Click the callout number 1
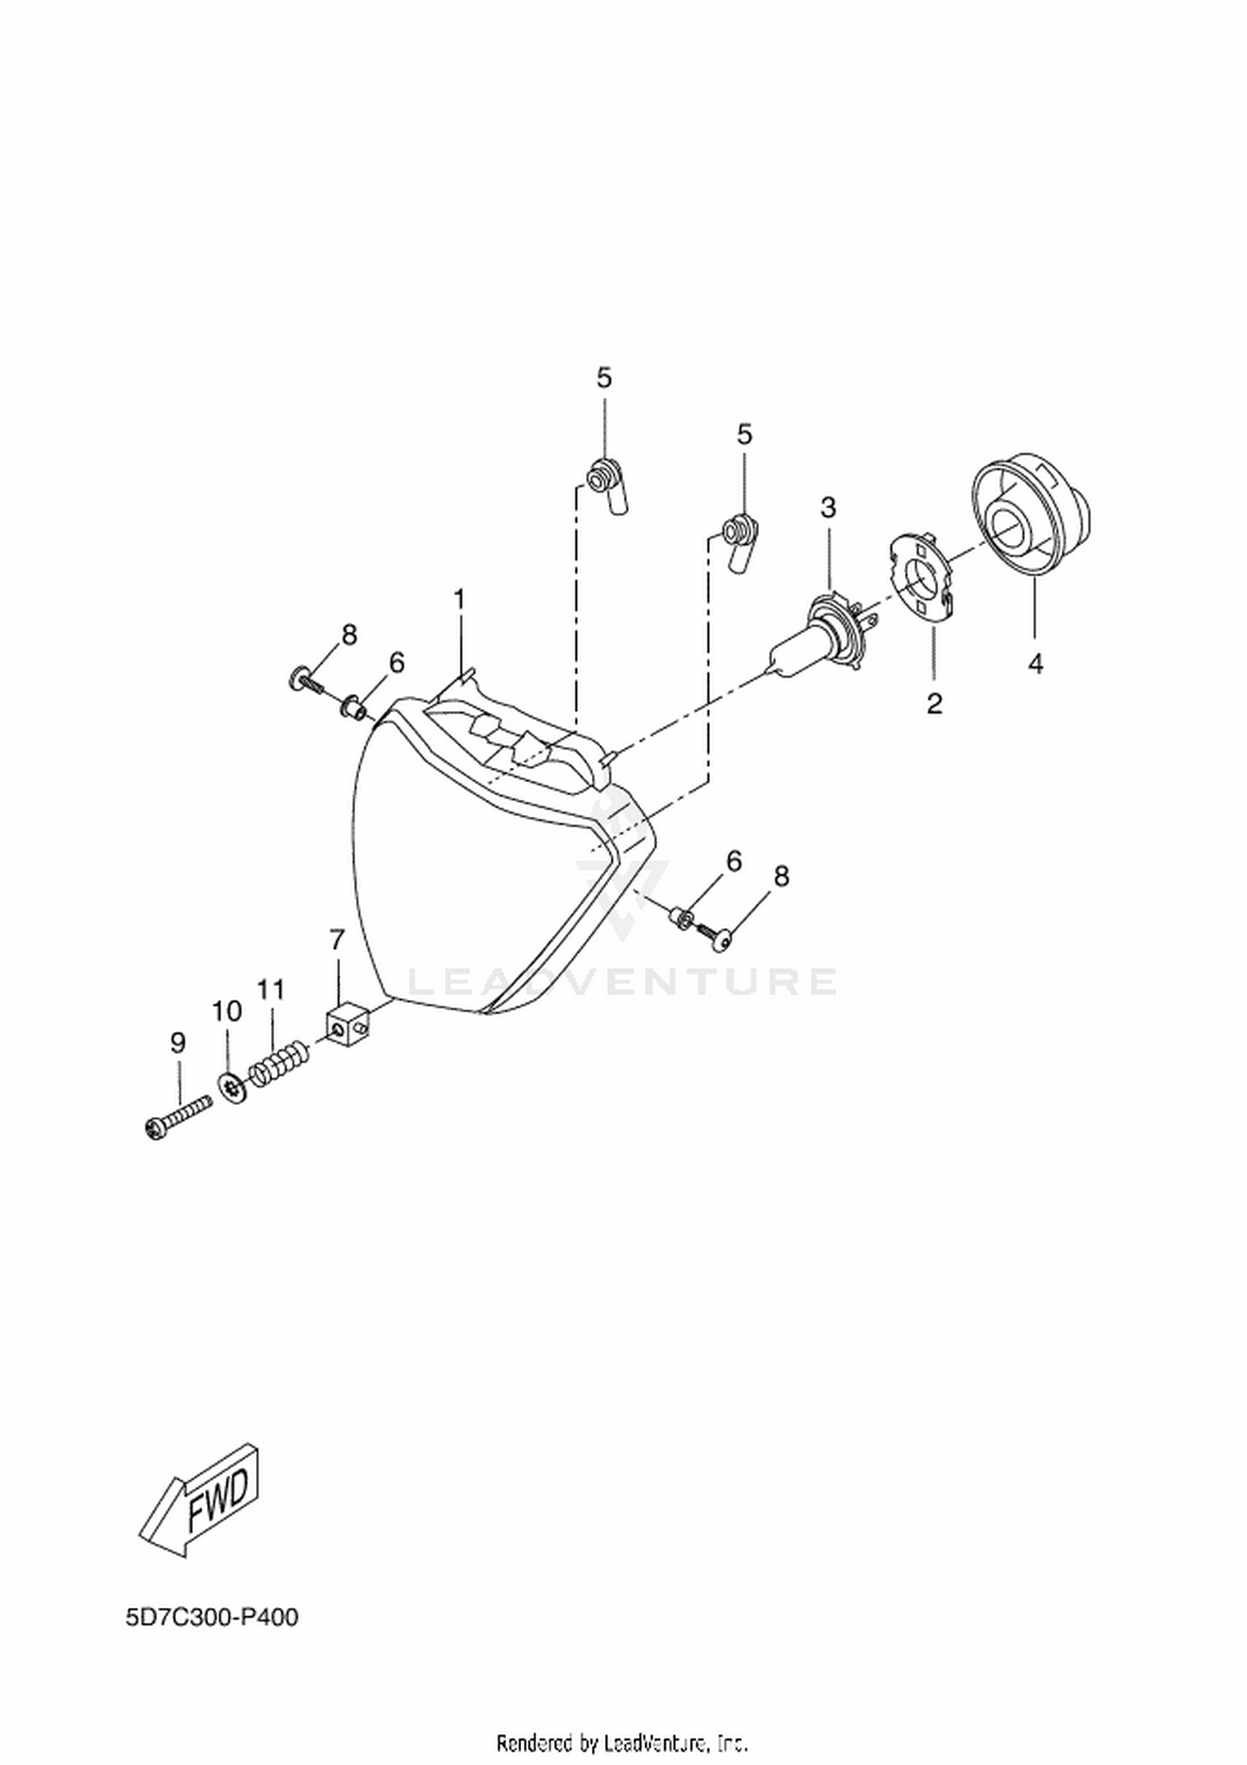tap(459, 599)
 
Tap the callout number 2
tap(934, 704)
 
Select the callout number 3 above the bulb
tap(828, 507)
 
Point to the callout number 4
tap(1035, 664)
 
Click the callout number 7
tap(337, 941)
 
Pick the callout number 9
tap(178, 1043)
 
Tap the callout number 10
tap(226, 1011)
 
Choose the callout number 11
tap(271, 990)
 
